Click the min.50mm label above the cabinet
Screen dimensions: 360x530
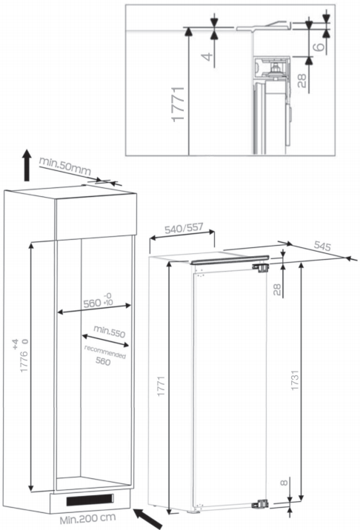(65, 166)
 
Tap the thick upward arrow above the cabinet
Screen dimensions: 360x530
(27, 165)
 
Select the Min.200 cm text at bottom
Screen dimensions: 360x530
(87, 518)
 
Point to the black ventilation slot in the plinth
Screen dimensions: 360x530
(90, 500)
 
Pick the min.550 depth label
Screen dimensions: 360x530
(110, 332)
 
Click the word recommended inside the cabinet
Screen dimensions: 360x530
(105, 352)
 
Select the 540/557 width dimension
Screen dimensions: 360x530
(184, 229)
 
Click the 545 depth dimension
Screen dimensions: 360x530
(321, 246)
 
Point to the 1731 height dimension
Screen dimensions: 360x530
(295, 380)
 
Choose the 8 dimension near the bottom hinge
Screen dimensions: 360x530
(284, 483)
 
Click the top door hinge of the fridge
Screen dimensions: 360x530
(261, 267)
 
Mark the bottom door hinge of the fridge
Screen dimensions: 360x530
(261, 504)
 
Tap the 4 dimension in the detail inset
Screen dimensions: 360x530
(208, 56)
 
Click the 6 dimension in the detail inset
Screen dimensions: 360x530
(319, 46)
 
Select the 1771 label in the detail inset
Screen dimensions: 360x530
(178, 104)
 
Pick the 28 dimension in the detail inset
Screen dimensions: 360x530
(301, 81)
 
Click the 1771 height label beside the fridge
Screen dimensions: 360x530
(161, 386)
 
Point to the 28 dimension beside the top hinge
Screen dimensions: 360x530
(277, 289)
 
